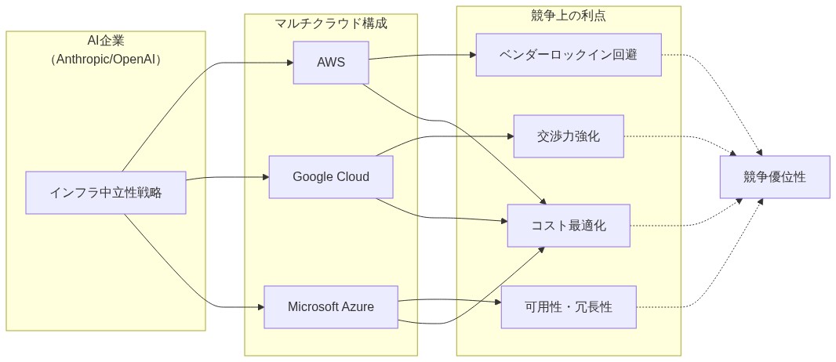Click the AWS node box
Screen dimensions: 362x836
pos(330,63)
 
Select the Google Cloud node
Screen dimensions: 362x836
pos(330,177)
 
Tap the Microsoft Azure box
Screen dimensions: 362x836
pos(330,306)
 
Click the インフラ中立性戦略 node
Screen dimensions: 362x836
pos(106,193)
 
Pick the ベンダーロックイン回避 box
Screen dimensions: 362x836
pos(569,55)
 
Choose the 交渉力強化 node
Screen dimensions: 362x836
pos(569,136)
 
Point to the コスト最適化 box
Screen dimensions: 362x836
pos(569,226)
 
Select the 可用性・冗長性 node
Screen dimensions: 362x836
pos(569,307)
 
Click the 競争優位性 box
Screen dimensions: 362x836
pos(774,177)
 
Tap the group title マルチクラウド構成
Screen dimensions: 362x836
pos(330,24)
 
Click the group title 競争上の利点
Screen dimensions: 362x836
pos(569,15)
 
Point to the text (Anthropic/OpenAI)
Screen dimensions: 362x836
pos(106,60)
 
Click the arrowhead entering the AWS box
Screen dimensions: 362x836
pos(289,63)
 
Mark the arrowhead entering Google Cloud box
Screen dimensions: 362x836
pos(264,177)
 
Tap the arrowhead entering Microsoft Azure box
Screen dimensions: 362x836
pos(260,306)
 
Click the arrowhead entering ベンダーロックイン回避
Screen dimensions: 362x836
pos(472,55)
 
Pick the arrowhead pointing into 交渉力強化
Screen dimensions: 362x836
pos(509,136)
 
